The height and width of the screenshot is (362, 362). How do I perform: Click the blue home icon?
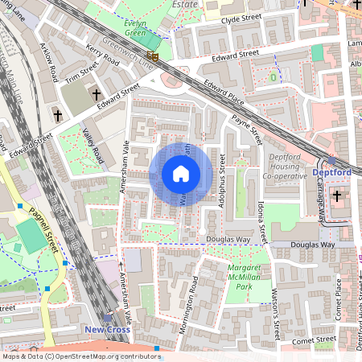[x=180, y=174]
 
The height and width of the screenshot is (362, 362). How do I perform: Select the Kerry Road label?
[x=103, y=59]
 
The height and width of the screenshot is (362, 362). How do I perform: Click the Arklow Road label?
[x=50, y=64]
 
